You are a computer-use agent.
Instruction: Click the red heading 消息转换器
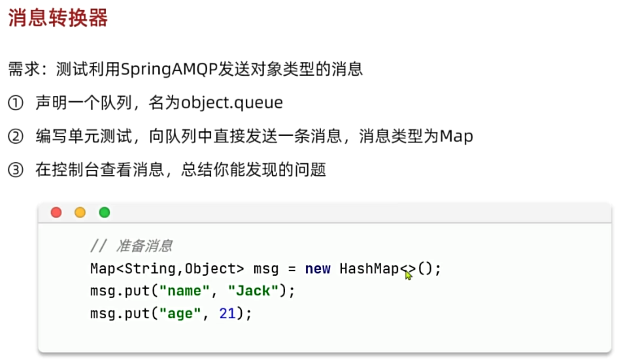coord(58,19)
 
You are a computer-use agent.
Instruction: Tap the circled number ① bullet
coord(15,103)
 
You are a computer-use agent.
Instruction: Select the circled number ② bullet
coord(15,137)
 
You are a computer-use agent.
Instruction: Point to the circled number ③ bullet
coord(15,171)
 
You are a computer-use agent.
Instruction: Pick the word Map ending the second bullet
coord(456,137)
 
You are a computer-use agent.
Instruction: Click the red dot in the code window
coord(56,212)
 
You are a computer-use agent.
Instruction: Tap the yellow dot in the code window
coord(80,212)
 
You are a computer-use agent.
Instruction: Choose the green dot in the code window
coord(104,212)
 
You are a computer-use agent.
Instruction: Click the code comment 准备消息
coord(144,246)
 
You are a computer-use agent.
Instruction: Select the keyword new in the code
coord(318,269)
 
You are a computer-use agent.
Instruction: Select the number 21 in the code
coord(227,314)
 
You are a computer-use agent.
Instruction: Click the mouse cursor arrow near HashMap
coord(409,275)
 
